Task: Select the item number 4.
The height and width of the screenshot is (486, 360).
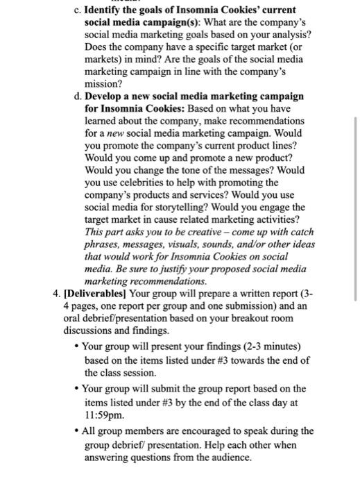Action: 56,293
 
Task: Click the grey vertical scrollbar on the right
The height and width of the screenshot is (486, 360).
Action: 356,208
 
